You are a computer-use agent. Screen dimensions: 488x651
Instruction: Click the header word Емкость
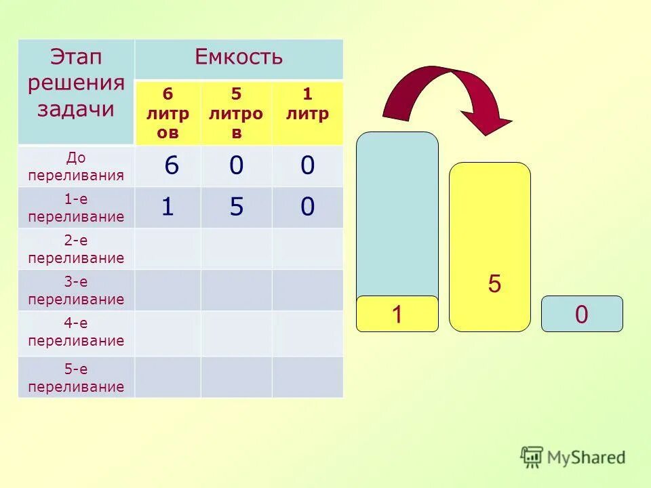click(239, 58)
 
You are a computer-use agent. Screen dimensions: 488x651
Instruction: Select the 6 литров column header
click(167, 113)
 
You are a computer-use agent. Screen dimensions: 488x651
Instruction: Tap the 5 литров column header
click(236, 113)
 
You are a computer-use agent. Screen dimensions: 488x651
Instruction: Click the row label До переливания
click(75, 167)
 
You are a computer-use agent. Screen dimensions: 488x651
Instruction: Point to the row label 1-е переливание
click(75, 208)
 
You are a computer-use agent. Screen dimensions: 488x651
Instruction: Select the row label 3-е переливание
click(75, 291)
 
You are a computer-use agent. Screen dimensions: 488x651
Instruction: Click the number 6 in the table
click(171, 166)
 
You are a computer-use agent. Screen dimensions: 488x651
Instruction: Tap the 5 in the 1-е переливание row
click(236, 207)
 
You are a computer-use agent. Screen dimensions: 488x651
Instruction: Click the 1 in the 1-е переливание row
click(167, 207)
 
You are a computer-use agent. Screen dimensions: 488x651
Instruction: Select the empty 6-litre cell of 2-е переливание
click(167, 249)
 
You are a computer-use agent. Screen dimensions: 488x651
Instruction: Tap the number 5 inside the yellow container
click(494, 284)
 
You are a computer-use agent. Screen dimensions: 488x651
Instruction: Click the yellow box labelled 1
click(397, 314)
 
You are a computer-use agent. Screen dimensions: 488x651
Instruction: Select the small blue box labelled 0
click(581, 314)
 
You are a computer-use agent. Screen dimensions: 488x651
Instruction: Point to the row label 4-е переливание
click(75, 332)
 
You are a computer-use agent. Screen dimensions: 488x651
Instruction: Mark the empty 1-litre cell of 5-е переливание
click(307, 377)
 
